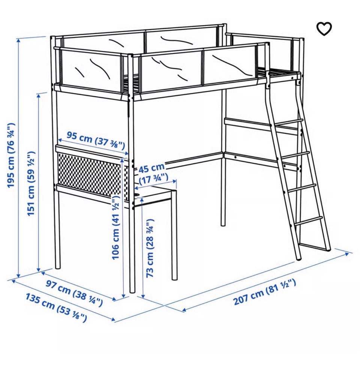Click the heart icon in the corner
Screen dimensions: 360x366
click(324, 29)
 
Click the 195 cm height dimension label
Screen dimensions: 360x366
click(11, 155)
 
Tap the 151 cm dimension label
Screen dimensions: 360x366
click(31, 184)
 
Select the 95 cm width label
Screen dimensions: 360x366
click(96, 140)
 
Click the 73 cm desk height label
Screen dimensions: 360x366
click(150, 248)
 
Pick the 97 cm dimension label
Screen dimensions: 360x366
click(74, 293)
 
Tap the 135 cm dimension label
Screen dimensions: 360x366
click(56, 308)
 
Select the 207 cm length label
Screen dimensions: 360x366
click(265, 292)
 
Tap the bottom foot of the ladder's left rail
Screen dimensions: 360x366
click(299, 258)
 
